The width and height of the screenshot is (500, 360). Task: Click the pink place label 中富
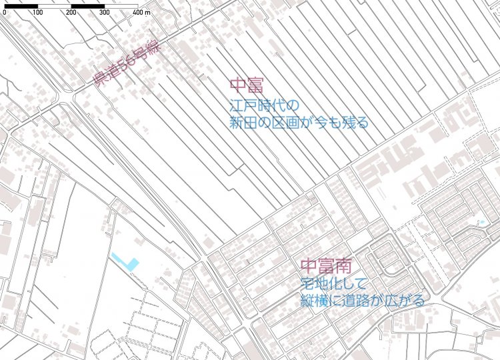(247, 85)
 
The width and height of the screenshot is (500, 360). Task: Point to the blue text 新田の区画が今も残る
(299, 123)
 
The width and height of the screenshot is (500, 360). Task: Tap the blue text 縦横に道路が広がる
(363, 301)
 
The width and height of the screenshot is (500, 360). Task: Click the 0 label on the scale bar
(4, 13)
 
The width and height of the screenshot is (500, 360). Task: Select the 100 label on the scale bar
(37, 13)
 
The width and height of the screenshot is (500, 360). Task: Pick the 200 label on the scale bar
(71, 13)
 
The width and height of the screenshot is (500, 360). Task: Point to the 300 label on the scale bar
(104, 13)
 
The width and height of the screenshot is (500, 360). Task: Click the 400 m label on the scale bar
(141, 13)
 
